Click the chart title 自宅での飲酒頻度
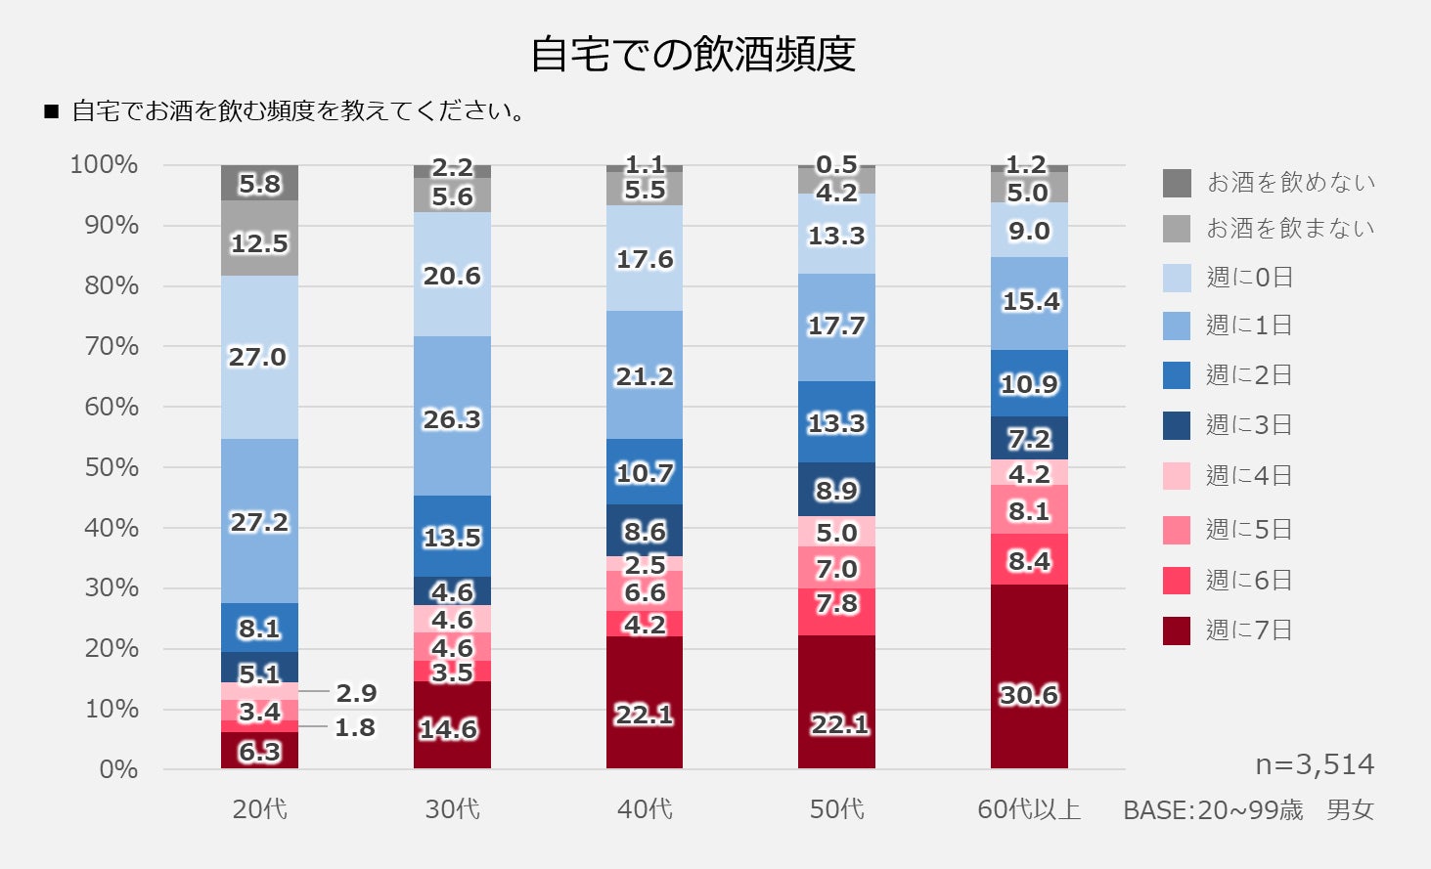tap(693, 55)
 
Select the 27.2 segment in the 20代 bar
tap(259, 522)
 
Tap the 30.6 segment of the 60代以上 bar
tap(1029, 676)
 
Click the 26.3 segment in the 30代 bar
tap(452, 418)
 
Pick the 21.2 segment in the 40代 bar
tap(645, 376)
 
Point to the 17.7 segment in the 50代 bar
tap(836, 326)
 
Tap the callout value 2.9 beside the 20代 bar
tap(356, 693)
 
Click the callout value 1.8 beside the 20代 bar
tap(355, 728)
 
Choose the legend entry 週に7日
tap(1249, 630)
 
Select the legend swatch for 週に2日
tap(1177, 375)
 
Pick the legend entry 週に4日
tap(1249, 476)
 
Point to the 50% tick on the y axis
tap(112, 467)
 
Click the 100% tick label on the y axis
tap(104, 164)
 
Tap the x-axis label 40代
tap(645, 809)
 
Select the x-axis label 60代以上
tap(1029, 809)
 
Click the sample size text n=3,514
tap(1314, 764)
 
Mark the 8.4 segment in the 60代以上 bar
tap(1029, 560)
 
